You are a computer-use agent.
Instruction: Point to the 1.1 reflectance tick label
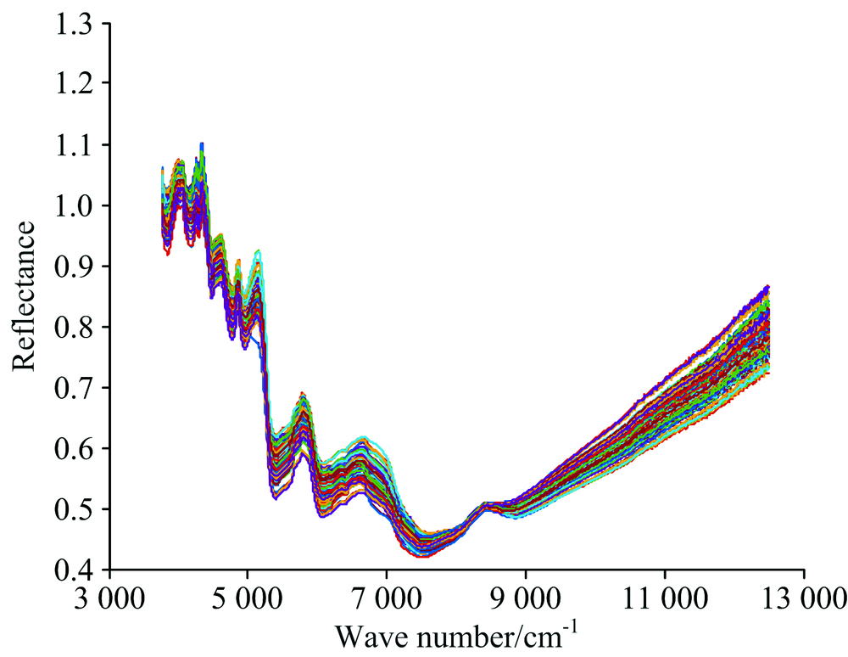click(75, 144)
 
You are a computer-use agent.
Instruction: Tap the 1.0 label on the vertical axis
click(75, 205)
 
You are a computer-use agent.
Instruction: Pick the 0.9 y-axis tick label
click(75, 266)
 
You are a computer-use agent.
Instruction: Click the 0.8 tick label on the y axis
click(75, 327)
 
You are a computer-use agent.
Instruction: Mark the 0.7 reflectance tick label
click(75, 387)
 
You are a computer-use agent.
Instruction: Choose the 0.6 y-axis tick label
click(75, 448)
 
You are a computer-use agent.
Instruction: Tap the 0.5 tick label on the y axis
click(75, 508)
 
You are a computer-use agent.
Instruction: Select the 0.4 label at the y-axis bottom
click(75, 570)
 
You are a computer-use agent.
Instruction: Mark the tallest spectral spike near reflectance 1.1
click(202, 144)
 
